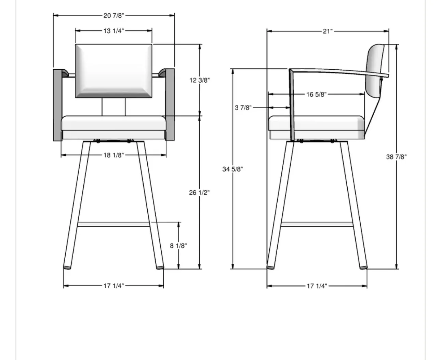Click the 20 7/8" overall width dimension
113,16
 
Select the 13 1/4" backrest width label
113,31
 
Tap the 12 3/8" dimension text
200,80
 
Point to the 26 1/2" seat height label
199,193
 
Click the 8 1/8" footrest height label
178,246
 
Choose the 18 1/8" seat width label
113,155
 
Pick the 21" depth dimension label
328,31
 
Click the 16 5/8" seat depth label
316,94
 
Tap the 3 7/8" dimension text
243,108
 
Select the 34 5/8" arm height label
232,169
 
